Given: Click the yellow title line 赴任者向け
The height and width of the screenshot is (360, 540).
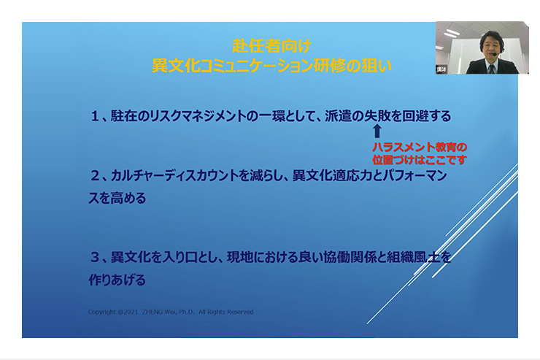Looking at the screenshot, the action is coord(271,46).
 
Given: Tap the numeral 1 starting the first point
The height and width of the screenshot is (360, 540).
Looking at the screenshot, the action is coord(95,116).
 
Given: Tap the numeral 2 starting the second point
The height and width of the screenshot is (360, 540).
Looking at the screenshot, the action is coord(95,176).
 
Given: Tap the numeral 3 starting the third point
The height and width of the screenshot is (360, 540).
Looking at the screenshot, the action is coord(95,257).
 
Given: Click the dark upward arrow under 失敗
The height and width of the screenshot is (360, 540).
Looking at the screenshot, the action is coord(377,131).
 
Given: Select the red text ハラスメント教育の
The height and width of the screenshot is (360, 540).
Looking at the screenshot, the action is coord(420,147).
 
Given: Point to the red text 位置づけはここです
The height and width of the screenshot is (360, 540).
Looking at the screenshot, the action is coord(420,160).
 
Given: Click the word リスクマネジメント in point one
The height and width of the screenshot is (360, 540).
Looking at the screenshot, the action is coord(196,116).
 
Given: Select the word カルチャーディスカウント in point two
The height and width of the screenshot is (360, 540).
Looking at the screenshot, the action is coord(175,176).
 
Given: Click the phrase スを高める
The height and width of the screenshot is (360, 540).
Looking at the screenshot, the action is coord(117,198).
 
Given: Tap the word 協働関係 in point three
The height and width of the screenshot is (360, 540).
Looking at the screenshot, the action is coord(349,257).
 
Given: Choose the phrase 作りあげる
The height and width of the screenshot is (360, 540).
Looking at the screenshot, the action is coord(117,280).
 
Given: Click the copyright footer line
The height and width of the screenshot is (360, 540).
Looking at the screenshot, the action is coord(171,312).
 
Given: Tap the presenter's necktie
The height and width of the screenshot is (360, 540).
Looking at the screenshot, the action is coord(491,69).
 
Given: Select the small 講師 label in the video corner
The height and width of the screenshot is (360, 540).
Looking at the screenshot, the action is coord(441,69).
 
